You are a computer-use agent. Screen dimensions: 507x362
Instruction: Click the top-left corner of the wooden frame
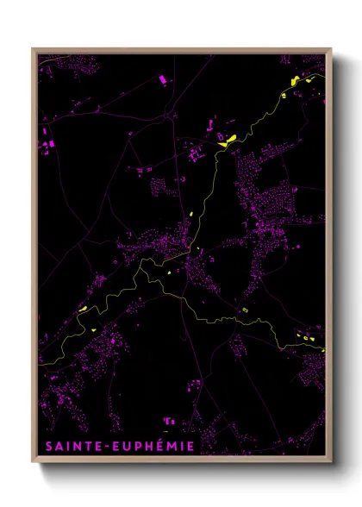pyautogui.click(x=33, y=49)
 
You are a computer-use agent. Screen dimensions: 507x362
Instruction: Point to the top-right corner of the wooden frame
pyautogui.click(x=331, y=49)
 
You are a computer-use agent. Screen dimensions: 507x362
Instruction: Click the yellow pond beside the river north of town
pyautogui.click(x=227, y=141)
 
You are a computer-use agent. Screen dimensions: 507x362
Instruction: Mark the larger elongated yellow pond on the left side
pyautogui.click(x=84, y=309)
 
